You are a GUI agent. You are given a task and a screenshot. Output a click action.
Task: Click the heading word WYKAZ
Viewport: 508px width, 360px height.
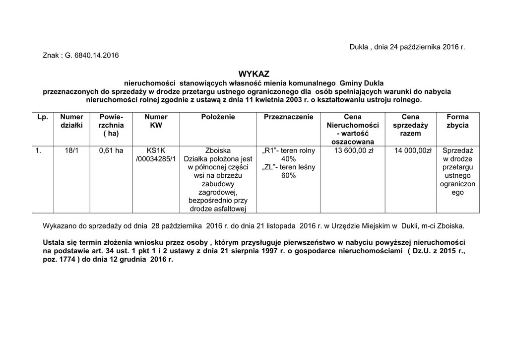point(254,73)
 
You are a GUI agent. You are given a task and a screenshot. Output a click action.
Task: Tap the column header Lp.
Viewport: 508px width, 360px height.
point(43,117)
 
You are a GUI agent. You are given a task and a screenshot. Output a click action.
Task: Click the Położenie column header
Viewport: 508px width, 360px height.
point(218,117)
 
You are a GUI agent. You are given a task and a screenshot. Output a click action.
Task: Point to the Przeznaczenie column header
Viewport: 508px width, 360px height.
point(288,117)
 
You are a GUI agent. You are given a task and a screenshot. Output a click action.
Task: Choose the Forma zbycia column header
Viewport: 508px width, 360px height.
point(457,121)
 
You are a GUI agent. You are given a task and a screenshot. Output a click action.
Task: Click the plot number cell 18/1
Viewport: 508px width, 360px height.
point(71,150)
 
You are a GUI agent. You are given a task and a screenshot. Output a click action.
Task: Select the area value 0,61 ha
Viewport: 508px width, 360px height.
point(111,150)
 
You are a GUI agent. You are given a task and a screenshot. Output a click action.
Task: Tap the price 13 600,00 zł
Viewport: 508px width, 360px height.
point(354,150)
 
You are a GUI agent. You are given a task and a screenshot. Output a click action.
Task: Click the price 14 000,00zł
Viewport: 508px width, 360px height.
point(413,150)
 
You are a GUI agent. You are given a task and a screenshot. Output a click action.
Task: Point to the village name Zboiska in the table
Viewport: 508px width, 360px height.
point(218,150)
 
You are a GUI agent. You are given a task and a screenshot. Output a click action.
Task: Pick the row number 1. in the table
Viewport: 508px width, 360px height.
point(38,150)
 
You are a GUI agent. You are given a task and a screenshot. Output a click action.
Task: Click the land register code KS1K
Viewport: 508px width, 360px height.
point(156,150)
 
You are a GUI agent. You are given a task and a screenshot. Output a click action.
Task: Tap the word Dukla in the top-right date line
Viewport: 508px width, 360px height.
point(359,47)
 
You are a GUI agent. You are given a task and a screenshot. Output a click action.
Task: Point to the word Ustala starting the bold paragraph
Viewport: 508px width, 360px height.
point(54,242)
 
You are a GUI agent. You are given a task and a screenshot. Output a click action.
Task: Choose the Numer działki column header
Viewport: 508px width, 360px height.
point(71,121)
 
